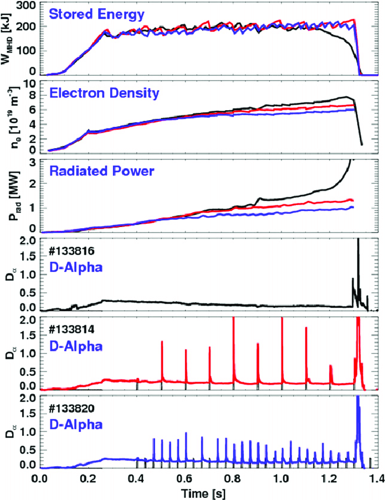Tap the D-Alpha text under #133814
[76, 347]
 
